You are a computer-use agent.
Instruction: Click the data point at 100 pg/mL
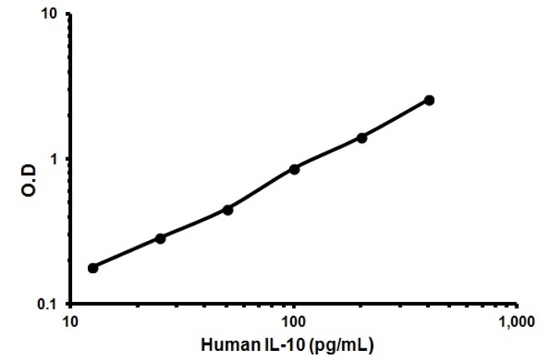[x=294, y=169]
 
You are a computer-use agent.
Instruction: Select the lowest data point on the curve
[x=93, y=268]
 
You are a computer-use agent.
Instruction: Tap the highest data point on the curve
[x=429, y=101]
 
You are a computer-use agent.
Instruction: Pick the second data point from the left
[x=160, y=238]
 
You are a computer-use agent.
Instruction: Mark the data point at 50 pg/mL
[x=228, y=210]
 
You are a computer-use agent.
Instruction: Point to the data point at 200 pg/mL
[x=362, y=138]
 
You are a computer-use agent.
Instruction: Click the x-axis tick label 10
[x=71, y=322]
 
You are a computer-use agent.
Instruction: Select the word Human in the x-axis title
[x=224, y=345]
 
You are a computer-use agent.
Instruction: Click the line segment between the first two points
[x=127, y=254]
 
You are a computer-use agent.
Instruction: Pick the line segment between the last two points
[x=396, y=119]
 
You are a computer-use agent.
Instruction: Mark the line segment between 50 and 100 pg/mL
[x=261, y=189]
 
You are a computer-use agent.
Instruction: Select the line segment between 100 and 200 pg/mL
[x=328, y=154]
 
